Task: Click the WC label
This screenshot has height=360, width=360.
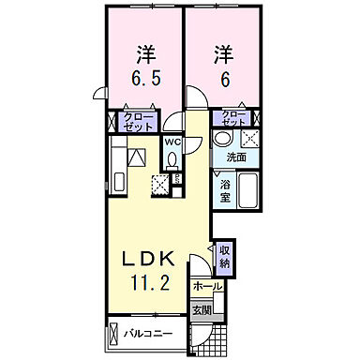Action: (x=172, y=142)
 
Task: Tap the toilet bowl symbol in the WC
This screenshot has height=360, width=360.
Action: (x=173, y=159)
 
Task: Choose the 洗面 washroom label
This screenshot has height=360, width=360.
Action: (x=235, y=157)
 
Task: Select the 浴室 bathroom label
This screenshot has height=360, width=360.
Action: (x=225, y=191)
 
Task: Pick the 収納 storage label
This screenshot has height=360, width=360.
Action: (x=225, y=256)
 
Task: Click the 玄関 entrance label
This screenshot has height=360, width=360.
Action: (x=202, y=309)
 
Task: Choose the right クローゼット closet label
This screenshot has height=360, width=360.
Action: (x=233, y=118)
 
